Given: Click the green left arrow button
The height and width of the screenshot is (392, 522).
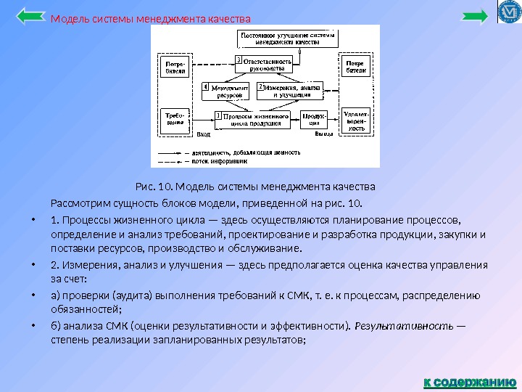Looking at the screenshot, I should click(30, 16).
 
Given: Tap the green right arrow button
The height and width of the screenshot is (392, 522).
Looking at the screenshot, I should click(475, 16).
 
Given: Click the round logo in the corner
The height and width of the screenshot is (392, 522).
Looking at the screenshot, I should click(508, 12).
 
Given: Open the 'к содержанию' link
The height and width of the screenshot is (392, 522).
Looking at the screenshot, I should click(469, 380).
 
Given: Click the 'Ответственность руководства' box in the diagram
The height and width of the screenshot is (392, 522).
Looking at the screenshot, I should click(267, 66).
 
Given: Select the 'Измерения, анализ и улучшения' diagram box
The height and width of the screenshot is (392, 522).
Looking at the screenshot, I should click(288, 91).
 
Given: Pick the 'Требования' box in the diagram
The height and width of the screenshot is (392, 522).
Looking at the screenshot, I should click(173, 119).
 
